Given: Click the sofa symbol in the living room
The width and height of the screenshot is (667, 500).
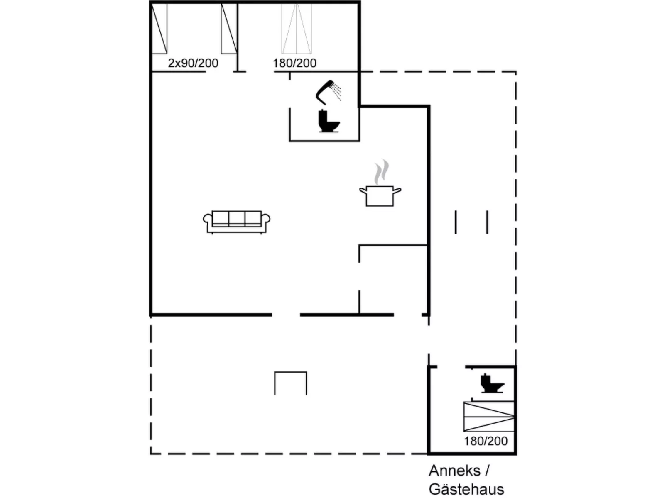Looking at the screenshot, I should tap(236, 222).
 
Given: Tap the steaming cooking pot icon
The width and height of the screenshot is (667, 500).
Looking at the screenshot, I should tap(380, 195).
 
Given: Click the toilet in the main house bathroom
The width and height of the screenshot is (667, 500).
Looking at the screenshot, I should tap(329, 121).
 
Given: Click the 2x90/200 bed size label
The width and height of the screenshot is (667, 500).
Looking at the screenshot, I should tap(193, 63).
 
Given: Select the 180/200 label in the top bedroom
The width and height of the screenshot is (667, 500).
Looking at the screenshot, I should tap(294, 63).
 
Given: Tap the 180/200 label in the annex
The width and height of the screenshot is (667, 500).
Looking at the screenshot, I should tap(486, 441).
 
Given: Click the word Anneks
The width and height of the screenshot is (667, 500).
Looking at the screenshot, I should tap(454, 471).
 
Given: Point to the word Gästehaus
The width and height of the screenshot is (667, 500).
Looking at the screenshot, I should tap(466, 489).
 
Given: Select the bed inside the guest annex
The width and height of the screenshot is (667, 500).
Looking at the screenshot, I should tap(489, 416).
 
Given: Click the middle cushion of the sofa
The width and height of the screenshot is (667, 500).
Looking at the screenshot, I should tap(236, 218).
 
